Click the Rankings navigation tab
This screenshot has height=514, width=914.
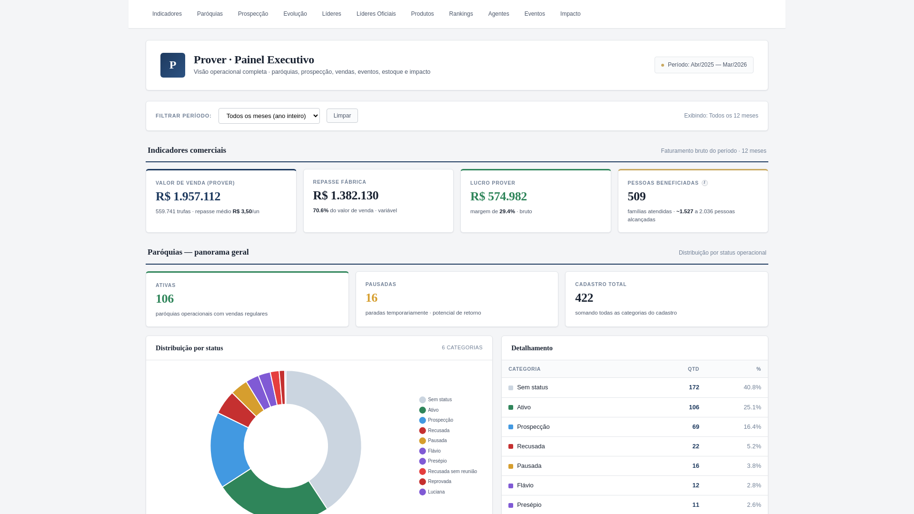[461, 14]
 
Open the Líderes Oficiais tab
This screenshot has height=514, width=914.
[376, 14]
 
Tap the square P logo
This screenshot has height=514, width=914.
[173, 65]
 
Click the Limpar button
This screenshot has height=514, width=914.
[342, 116]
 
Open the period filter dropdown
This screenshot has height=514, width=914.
[269, 116]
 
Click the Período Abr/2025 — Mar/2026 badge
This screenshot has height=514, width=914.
[704, 65]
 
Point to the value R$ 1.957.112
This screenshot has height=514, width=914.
[188, 197]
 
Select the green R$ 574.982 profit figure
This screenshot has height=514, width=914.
[498, 197]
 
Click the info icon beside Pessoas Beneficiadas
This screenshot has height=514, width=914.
[705, 183]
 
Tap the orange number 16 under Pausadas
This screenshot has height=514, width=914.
[371, 298]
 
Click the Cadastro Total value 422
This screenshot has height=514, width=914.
[584, 298]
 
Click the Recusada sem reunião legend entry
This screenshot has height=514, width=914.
[452, 472]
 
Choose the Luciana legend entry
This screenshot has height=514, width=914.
[436, 492]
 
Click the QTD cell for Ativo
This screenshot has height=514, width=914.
[694, 407]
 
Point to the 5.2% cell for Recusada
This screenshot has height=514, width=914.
[754, 446]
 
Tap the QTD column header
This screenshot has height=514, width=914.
[693, 369]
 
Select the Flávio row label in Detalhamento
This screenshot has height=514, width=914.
[525, 485]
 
